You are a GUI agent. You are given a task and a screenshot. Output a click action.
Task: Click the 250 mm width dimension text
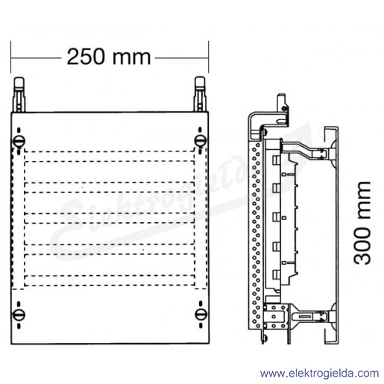109,57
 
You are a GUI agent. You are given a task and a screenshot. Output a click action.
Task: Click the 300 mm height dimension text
362,224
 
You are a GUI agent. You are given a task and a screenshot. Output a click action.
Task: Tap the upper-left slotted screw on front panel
19,141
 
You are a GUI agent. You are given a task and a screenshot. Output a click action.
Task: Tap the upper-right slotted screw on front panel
201,141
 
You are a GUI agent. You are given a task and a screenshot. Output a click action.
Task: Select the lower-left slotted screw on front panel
19,315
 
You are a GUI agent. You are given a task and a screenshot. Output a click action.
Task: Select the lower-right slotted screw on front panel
201,315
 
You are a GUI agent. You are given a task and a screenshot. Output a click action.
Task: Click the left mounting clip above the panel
19,94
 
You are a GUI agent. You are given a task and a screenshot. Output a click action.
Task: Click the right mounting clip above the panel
200,94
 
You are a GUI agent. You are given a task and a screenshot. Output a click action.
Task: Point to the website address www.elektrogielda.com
319,374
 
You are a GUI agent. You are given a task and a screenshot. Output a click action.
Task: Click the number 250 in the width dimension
85,57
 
